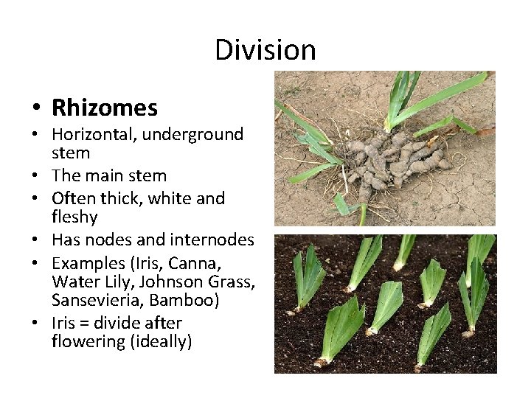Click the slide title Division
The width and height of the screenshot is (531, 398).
265,50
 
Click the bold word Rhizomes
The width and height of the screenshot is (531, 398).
105,108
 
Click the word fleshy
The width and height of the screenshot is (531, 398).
74,217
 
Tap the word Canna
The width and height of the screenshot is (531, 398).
197,263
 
